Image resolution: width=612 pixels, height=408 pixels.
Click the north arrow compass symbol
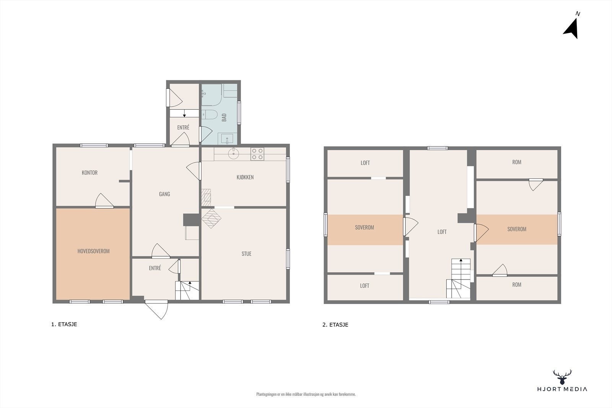(571, 28)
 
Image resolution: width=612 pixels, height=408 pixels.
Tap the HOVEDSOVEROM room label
(93, 251)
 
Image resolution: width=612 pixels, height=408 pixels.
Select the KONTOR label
(90, 173)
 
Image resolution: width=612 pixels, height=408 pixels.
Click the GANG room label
(164, 194)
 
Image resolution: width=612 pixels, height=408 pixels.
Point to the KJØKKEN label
(245, 177)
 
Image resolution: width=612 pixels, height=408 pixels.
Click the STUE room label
(246, 254)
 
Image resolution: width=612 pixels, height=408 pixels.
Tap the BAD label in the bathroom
(225, 117)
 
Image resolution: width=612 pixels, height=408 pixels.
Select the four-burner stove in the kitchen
(257, 154)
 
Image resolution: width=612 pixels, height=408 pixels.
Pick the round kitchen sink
(233, 154)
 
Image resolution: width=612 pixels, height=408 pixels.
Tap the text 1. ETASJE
(64, 324)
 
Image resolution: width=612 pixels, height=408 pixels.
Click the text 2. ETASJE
(335, 325)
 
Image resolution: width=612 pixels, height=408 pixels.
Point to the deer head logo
(562, 377)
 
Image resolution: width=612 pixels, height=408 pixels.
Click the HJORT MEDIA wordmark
(562, 389)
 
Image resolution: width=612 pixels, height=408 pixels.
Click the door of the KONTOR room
(104, 201)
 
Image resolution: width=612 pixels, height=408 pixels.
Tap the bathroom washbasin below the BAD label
(227, 138)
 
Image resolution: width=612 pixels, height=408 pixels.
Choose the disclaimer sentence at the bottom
(306, 394)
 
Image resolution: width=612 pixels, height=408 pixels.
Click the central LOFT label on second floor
(442, 232)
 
